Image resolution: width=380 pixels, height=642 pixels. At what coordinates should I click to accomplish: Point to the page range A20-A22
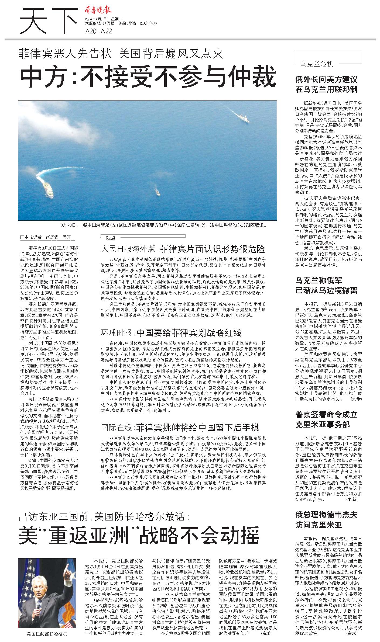98,32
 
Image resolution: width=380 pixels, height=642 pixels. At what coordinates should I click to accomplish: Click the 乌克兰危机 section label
317,64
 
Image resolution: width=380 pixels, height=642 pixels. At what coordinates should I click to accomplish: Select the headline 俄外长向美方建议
326,79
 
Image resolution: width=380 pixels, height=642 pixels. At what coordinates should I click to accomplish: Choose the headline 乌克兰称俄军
319,280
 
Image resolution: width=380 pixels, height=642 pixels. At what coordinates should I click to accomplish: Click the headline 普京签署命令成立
326,414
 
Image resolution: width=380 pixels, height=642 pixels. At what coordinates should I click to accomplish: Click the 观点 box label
111,238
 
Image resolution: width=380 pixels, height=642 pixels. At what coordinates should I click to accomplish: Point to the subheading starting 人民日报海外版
183,249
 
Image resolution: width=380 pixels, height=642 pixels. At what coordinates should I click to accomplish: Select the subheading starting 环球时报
171,333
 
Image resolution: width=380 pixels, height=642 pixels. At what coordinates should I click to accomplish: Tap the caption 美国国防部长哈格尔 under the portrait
47,634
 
